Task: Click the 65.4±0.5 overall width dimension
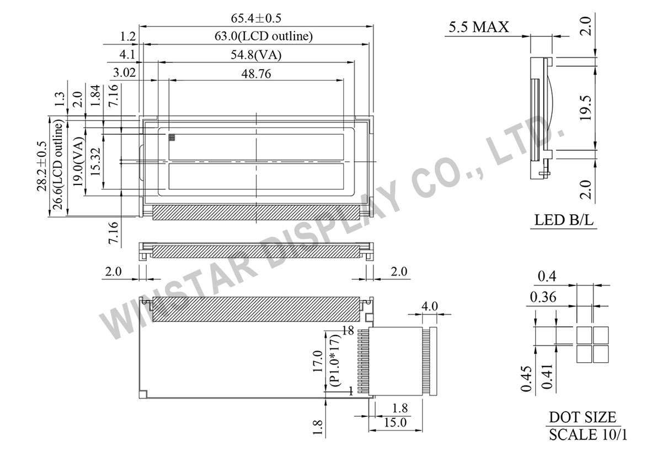[x=256, y=18]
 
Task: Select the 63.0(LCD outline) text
[x=263, y=36]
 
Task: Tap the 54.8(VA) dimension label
[x=256, y=55]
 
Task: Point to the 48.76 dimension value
[x=256, y=73]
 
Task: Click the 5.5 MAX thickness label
[x=479, y=27]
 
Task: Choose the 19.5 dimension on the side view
[x=585, y=108]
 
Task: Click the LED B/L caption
[x=564, y=220]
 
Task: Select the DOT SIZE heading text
[x=583, y=417]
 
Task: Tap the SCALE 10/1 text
[x=588, y=434]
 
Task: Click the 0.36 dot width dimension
[x=543, y=297]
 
